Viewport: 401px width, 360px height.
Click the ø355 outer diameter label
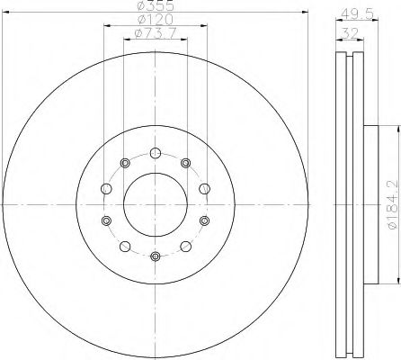tap(155, 4)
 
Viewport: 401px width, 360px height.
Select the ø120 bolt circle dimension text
tap(155, 20)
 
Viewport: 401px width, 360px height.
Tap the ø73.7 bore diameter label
tap(155, 33)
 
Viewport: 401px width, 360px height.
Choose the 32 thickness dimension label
tap(350, 33)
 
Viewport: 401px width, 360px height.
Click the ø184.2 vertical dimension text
tap(394, 204)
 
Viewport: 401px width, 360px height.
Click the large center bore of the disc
tap(156, 204)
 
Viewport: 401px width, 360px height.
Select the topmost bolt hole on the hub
tap(155, 153)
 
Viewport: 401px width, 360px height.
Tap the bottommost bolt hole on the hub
tap(155, 256)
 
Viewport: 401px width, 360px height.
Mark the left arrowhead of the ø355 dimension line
tap(5, 12)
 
